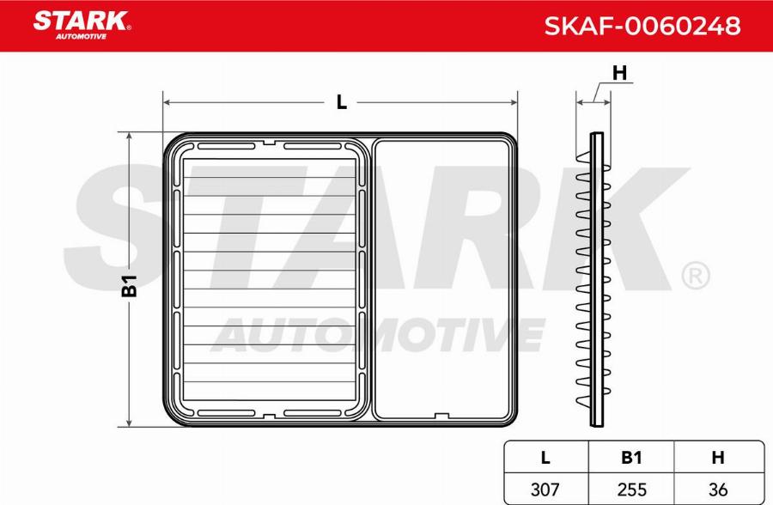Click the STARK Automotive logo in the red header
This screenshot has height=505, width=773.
click(82, 24)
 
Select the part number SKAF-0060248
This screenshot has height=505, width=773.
click(642, 27)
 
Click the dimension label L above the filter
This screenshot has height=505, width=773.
click(341, 102)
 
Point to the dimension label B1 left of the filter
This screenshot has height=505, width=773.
click(130, 285)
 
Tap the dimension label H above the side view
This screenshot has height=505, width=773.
click(618, 74)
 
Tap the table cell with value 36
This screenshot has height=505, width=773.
click(718, 489)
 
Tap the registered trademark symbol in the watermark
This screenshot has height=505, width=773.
click(695, 276)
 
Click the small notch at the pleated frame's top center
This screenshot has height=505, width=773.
click(269, 143)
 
